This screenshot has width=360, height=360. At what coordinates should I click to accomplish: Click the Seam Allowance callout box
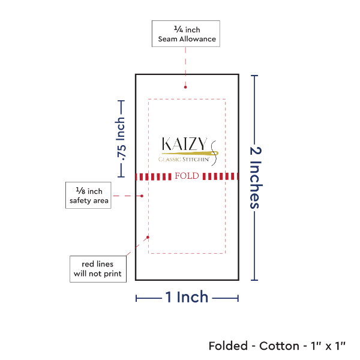(185, 34)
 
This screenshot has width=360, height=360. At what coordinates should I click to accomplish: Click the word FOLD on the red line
(186, 176)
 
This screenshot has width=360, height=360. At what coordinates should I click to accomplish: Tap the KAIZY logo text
(184, 145)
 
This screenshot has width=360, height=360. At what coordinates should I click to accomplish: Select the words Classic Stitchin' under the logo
(183, 160)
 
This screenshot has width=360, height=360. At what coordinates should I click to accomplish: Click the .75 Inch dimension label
(121, 139)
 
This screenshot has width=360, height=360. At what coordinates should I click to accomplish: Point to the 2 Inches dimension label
(255, 177)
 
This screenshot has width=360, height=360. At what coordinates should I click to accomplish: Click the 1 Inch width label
(187, 297)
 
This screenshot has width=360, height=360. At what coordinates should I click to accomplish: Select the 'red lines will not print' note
(97, 269)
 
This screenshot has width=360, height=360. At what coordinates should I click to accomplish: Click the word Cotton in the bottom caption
(279, 346)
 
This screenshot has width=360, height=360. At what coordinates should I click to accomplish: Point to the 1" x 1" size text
(327, 346)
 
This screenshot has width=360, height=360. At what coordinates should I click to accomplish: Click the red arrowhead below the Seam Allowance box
(185, 87)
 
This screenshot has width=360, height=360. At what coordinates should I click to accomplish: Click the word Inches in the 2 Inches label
(255, 187)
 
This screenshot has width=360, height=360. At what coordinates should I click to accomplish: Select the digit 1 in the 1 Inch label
(170, 297)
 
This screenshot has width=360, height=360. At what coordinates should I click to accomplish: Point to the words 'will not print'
(97, 274)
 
